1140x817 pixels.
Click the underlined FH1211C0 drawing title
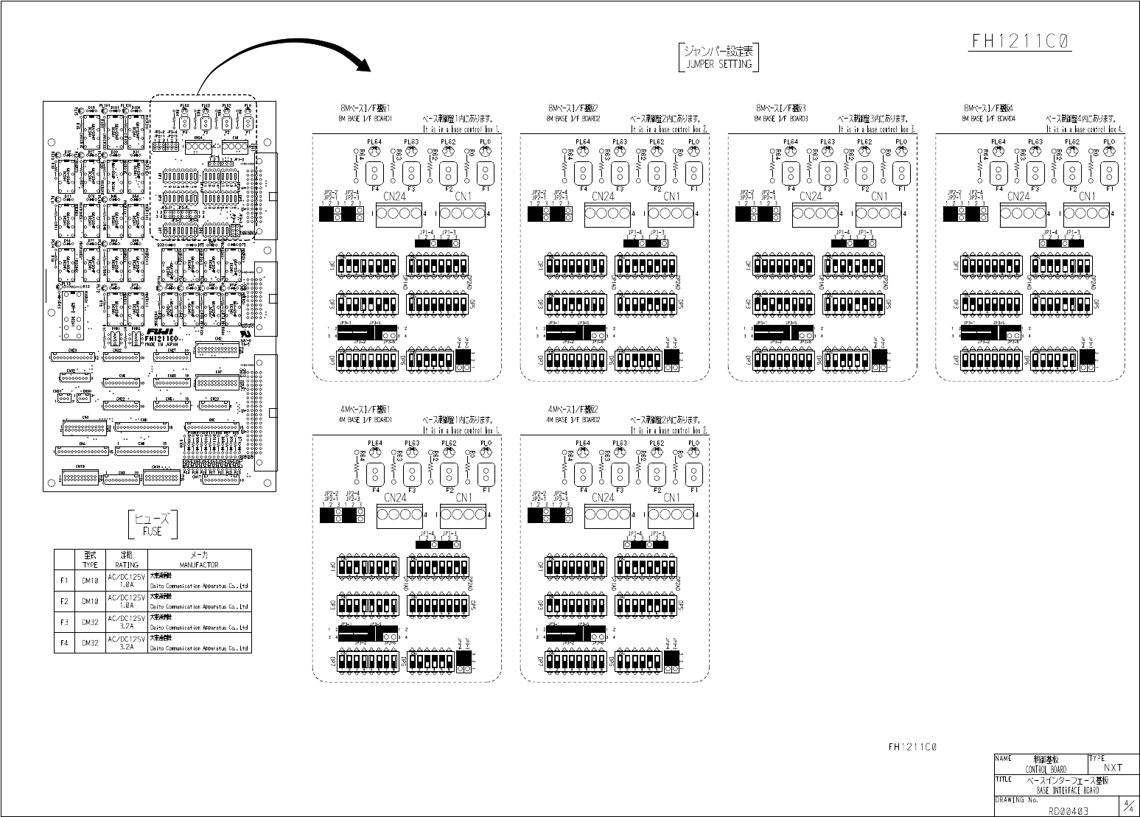pyautogui.click(x=1020, y=42)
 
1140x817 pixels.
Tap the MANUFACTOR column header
pyautogui.click(x=199, y=564)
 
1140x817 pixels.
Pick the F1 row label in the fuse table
pyautogui.click(x=64, y=581)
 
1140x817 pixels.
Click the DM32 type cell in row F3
pyautogui.click(x=90, y=622)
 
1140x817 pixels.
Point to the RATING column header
pyautogui.click(x=127, y=564)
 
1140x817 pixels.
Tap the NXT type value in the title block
pyautogui.click(x=1113, y=768)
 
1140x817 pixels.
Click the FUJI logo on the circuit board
pyautogui.click(x=159, y=331)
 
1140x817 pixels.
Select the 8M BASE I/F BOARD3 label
pyautogui.click(x=781, y=118)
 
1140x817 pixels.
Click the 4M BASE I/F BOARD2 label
pyautogui.click(x=573, y=420)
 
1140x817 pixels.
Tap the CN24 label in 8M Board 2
pyautogui.click(x=603, y=196)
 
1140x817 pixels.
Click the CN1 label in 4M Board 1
pyautogui.click(x=464, y=497)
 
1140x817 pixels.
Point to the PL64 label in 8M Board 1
pyautogui.click(x=374, y=141)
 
